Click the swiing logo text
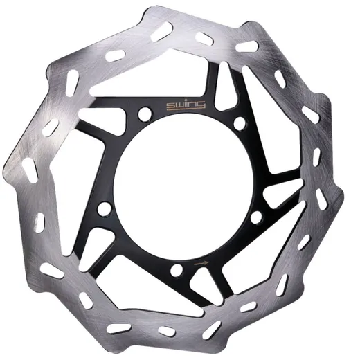[186, 105]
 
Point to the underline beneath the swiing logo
[186, 109]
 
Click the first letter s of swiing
[171, 105]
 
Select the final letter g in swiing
[201, 105]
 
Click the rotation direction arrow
[201, 263]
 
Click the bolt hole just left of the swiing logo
[145, 114]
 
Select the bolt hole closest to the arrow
[177, 270]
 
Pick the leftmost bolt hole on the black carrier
[105, 209]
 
